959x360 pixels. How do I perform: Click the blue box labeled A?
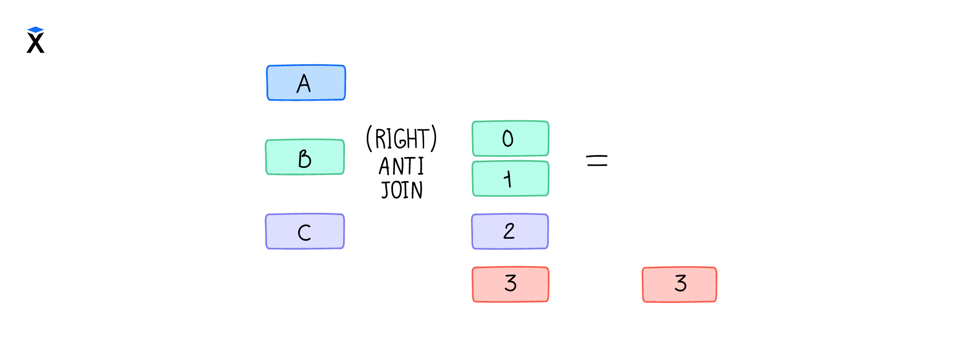[306, 82]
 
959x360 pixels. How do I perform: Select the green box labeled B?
[305, 157]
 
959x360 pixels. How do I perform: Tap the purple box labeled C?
[305, 232]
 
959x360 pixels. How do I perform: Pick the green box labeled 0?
[510, 139]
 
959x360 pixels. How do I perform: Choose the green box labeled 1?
[510, 179]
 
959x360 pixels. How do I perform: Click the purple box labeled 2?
[510, 232]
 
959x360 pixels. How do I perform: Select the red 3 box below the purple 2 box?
[510, 284]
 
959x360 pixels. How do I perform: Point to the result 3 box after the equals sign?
[680, 285]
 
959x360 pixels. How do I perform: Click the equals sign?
[597, 161]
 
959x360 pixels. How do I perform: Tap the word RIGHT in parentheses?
[402, 139]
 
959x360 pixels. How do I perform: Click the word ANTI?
[402, 167]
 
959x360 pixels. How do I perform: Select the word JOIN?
[402, 190]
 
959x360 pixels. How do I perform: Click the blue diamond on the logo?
[35, 30]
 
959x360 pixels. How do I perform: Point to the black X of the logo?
[35, 43]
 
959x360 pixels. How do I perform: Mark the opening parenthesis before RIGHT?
[369, 139]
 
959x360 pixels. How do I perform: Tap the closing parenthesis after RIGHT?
[434, 139]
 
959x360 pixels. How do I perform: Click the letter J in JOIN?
[385, 190]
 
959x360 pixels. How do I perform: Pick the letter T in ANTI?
[411, 167]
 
